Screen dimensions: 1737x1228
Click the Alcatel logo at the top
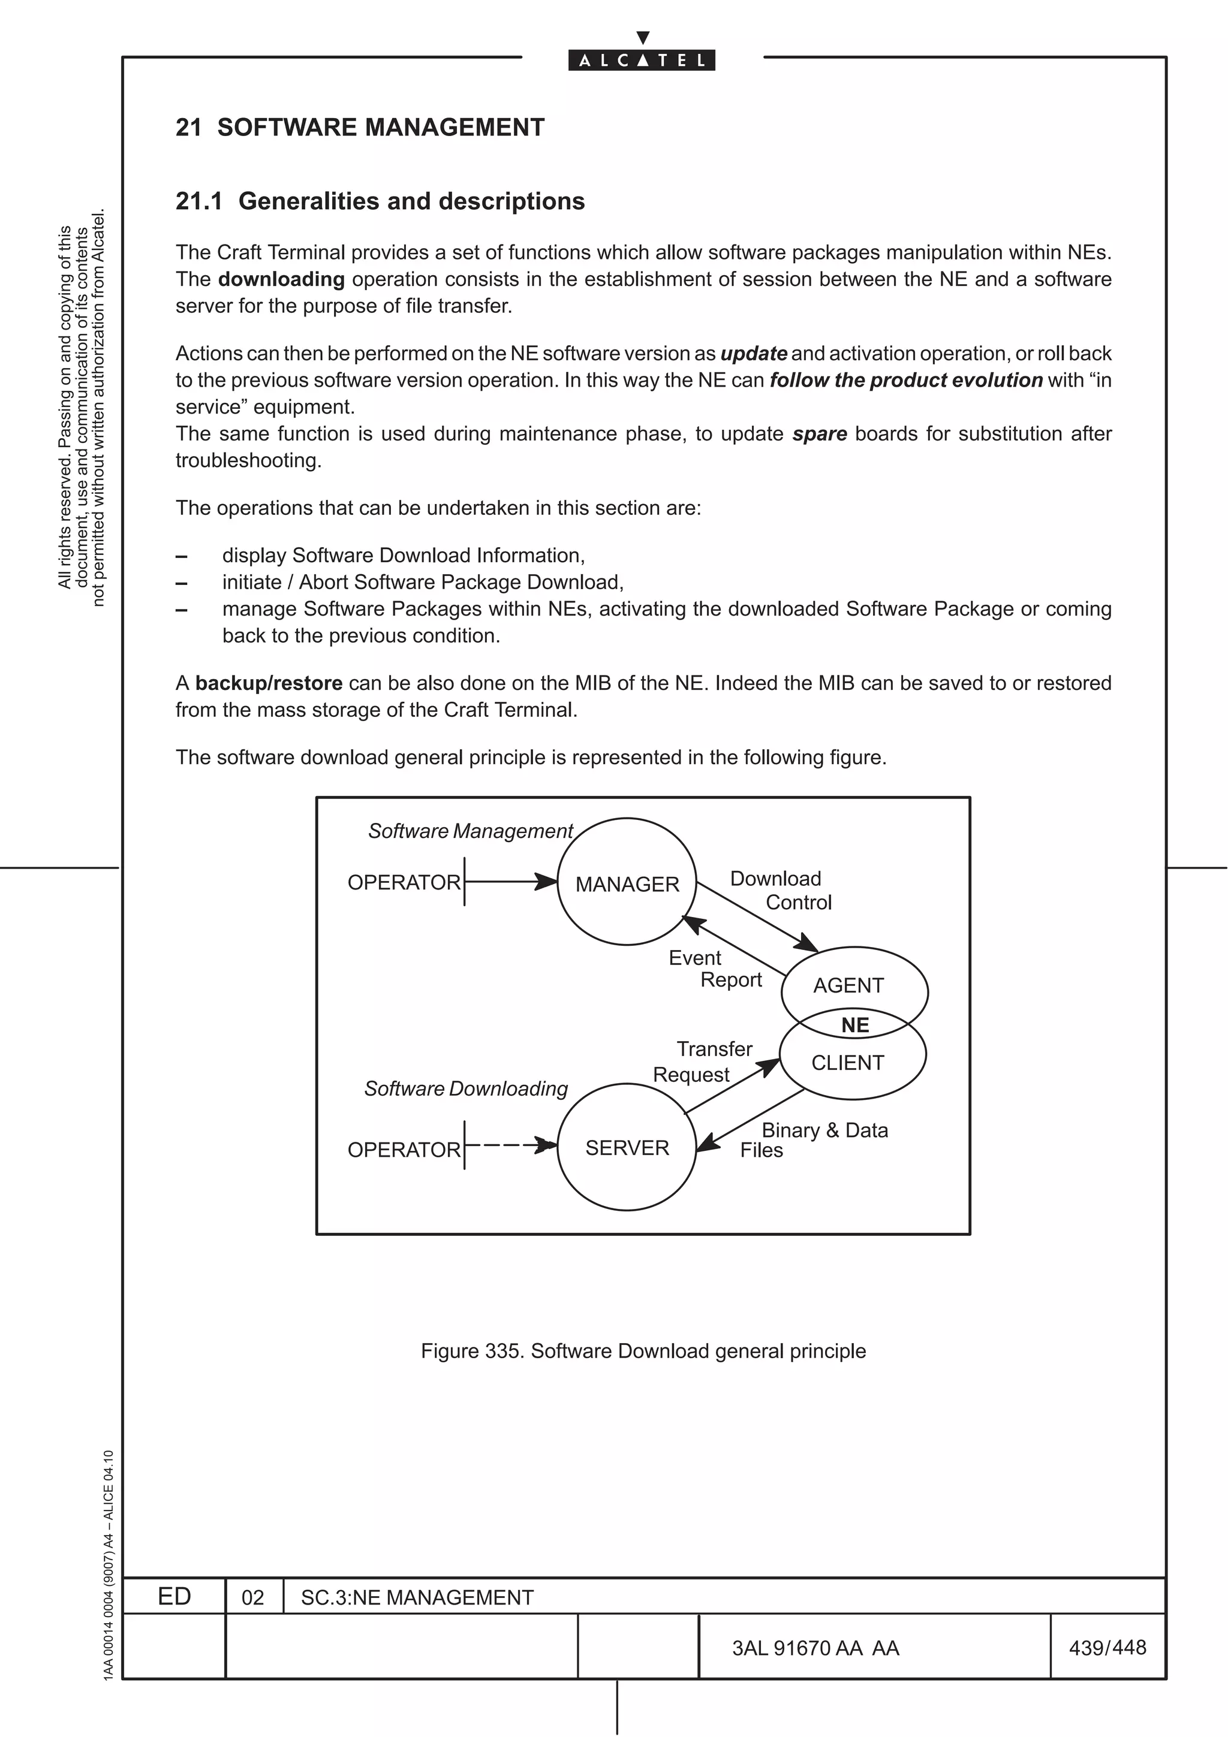point(642,60)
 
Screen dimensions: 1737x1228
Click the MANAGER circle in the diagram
point(627,883)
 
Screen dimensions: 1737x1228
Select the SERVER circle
point(627,1148)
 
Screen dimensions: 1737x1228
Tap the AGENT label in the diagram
point(848,985)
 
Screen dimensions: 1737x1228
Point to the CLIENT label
point(847,1062)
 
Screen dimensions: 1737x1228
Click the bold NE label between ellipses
point(855,1025)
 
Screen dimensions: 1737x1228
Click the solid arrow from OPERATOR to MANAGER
point(511,881)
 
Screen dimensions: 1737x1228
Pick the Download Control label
point(781,891)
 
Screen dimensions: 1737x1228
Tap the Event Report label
point(715,969)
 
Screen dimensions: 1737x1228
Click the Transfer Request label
point(703,1061)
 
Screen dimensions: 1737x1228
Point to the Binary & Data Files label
point(814,1140)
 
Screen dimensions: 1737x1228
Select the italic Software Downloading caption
point(466,1088)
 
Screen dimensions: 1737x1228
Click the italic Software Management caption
point(471,831)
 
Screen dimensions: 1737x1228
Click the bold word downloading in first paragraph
point(281,279)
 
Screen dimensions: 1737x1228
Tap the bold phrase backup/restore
point(269,683)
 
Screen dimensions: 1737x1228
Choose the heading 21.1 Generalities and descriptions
point(380,201)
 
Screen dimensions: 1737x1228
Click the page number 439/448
point(1107,1647)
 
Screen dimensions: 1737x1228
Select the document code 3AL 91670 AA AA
point(815,1648)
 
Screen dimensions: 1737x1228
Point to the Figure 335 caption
point(643,1350)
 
